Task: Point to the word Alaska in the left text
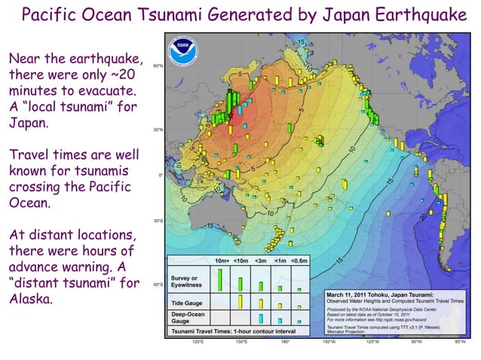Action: [31, 299]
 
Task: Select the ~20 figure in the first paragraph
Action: [124, 77]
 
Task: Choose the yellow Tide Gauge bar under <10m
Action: [240, 301]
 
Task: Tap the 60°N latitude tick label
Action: [159, 66]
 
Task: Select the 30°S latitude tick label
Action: [159, 221]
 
